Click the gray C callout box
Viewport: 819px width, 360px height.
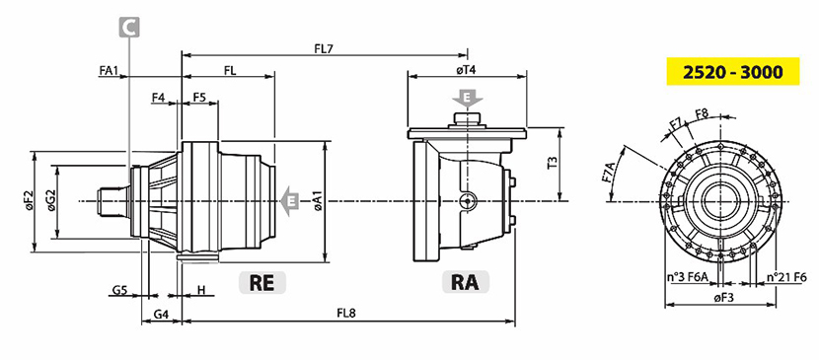click(129, 28)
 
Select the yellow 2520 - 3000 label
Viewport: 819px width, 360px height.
click(733, 71)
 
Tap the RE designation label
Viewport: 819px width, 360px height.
click(262, 282)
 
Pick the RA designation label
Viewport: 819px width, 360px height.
click(466, 282)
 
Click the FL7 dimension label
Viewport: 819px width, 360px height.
click(324, 48)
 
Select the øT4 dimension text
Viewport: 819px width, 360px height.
click(466, 70)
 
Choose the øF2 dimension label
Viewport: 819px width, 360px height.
click(29, 201)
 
